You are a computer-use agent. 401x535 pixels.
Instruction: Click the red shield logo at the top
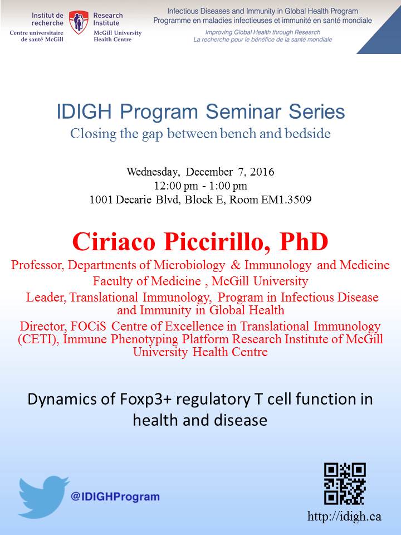click(x=79, y=22)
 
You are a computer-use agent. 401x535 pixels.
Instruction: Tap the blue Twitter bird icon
click(x=43, y=497)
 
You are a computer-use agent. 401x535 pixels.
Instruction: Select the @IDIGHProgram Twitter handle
click(x=115, y=497)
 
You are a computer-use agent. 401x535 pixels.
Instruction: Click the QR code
click(x=345, y=484)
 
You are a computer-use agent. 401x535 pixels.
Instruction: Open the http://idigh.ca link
click(x=344, y=516)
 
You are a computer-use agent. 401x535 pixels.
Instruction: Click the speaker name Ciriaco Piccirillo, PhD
click(x=200, y=242)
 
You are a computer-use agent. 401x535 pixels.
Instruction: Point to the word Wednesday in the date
click(x=153, y=172)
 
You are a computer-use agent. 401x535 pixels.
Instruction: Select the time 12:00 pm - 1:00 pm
click(x=200, y=186)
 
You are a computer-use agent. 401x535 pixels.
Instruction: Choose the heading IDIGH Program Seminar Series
click(x=200, y=111)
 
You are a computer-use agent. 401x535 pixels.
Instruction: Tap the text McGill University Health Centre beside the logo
click(x=118, y=36)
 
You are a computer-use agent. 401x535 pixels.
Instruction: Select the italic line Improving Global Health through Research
click(x=262, y=32)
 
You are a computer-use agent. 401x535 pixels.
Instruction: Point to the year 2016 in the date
click(x=262, y=172)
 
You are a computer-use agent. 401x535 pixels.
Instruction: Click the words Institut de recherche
click(x=47, y=19)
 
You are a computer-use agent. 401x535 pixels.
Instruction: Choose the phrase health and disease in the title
click(x=200, y=420)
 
